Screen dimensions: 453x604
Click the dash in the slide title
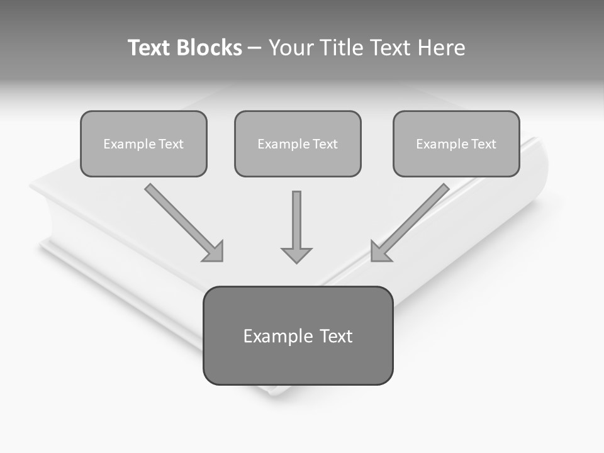(255, 48)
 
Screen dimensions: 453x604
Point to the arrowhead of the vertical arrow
(296, 255)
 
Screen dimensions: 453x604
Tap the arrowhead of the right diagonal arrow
(379, 252)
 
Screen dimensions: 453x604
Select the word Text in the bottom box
(337, 336)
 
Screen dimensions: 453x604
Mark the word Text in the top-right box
(483, 144)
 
